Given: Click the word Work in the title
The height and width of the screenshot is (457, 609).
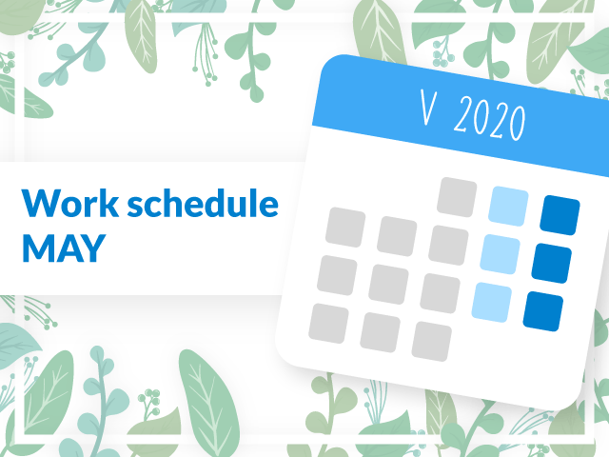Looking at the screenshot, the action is [70, 203].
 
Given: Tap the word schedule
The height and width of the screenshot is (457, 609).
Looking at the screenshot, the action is [203, 203].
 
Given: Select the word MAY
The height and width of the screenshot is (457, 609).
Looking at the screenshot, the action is [64, 248].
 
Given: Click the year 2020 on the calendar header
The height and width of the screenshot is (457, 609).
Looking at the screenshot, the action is [490, 118].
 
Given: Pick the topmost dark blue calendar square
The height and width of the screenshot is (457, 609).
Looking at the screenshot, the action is [560, 215].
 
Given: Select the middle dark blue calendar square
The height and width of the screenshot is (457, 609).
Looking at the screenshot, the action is [552, 263].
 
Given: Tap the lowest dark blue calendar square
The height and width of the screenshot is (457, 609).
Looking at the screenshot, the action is [543, 311].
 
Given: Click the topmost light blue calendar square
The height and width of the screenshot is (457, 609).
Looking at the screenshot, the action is [508, 207].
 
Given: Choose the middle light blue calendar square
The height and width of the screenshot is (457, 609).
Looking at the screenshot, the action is [500, 254].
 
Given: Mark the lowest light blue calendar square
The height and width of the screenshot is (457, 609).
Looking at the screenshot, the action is [491, 303].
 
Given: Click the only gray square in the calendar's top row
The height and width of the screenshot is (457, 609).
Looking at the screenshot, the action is [457, 197].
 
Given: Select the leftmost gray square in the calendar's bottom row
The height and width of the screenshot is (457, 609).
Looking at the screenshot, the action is [328, 324].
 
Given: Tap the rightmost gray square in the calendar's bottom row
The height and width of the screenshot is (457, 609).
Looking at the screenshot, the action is [431, 342].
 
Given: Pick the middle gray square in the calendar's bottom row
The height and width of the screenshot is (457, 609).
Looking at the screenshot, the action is [381, 332].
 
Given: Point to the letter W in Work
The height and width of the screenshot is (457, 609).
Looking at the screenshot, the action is [41, 203].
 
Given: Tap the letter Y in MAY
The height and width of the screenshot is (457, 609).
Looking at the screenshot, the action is [93, 248].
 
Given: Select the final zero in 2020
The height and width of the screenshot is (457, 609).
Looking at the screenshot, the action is [518, 123].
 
